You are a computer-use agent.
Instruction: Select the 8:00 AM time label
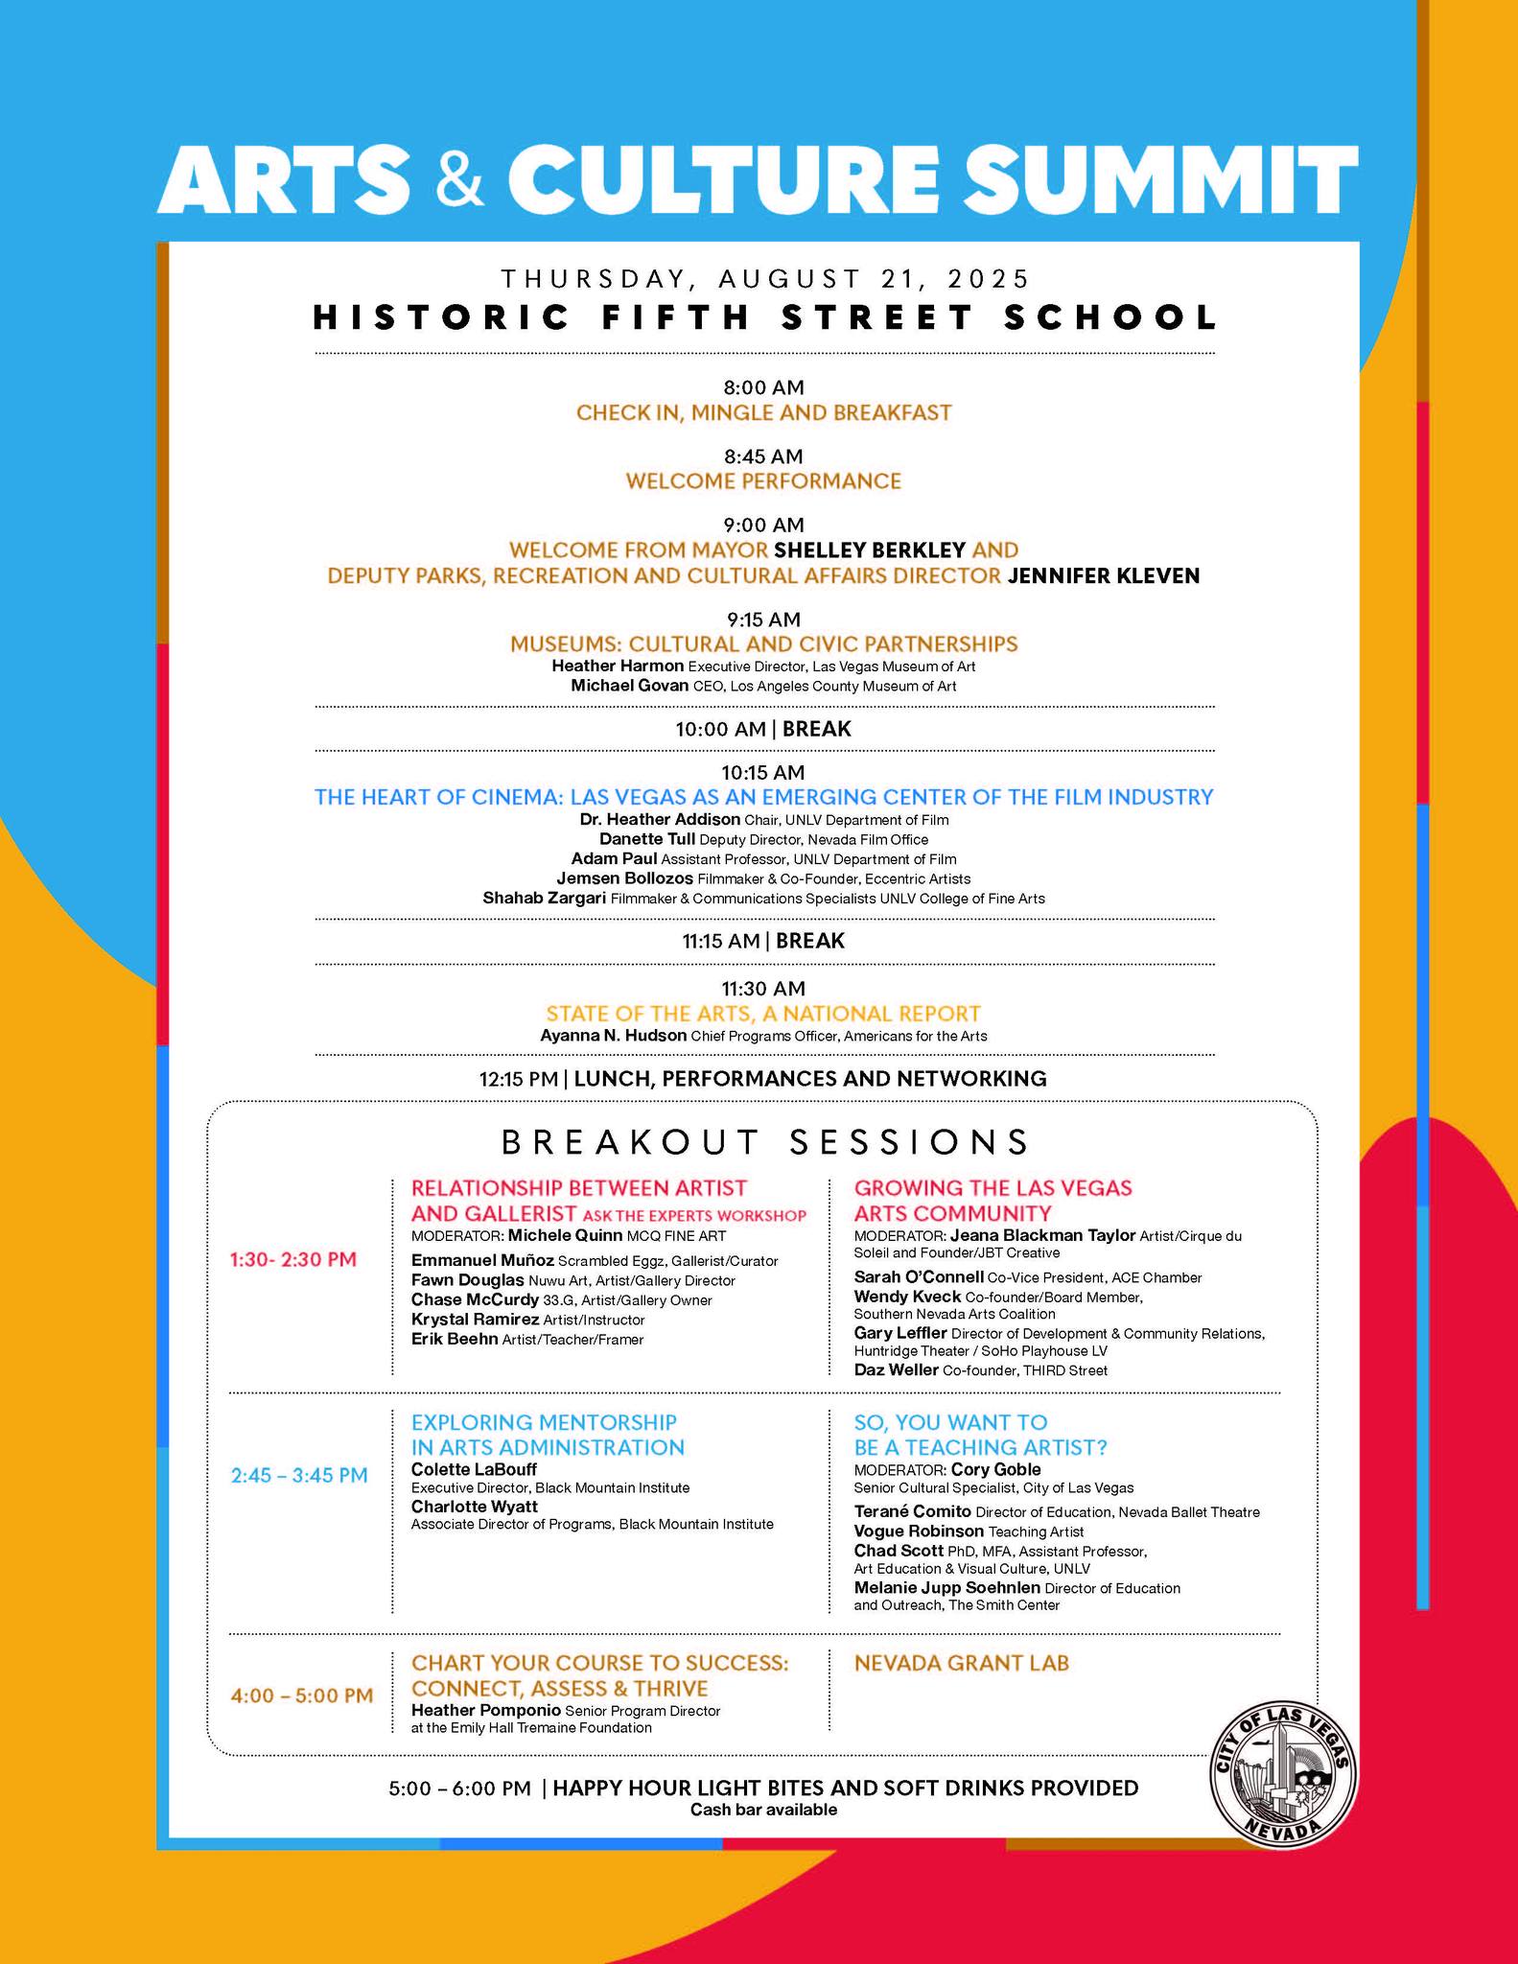763,387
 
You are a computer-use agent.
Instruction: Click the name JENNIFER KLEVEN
1104,575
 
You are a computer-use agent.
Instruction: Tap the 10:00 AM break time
720,729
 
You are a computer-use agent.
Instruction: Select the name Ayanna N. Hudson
613,1036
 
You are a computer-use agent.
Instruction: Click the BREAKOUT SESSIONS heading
764,1141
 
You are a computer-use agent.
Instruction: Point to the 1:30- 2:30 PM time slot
292,1259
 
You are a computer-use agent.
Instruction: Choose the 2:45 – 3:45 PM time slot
299,1475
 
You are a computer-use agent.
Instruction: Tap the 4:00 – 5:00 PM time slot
301,1695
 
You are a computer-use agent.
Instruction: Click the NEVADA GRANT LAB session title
961,1663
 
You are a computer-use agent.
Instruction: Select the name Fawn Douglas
467,1280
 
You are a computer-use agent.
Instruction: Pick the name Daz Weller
896,1369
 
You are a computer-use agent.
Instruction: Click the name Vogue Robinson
919,1531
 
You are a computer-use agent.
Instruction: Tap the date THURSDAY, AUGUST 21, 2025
764,279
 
